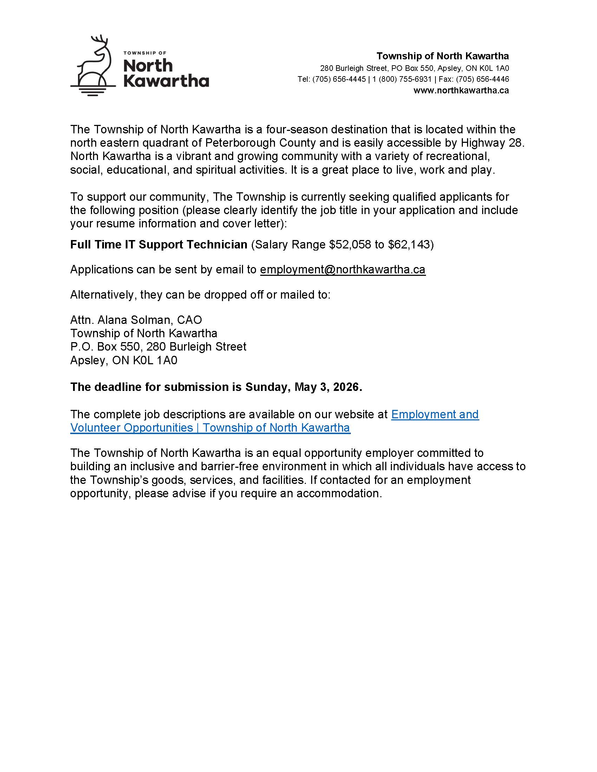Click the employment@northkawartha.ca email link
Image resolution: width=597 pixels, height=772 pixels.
(342, 270)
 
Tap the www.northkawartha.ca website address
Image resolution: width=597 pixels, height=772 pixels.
(461, 91)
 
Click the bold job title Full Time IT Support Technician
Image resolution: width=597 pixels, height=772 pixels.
(158, 245)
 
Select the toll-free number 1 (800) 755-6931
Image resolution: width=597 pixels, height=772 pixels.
(402, 79)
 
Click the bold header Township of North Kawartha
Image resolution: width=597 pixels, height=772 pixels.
(442, 56)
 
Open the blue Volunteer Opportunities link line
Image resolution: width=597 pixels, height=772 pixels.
(210, 428)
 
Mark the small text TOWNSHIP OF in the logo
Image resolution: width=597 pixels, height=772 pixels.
(145, 53)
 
